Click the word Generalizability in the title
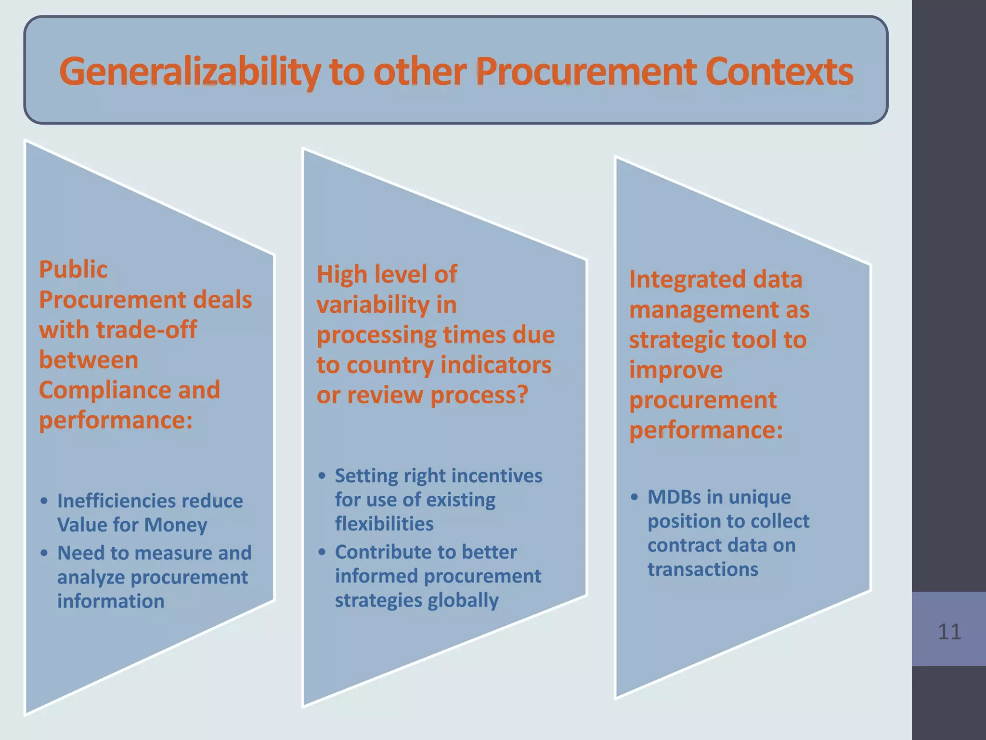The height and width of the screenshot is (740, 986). pos(190,72)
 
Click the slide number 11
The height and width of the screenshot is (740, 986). pos(949,632)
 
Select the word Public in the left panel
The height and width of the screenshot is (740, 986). pos(73,270)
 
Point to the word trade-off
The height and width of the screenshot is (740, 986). pos(146,330)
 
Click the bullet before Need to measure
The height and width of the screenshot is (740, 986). pos(44,553)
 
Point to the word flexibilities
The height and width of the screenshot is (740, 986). pos(384,524)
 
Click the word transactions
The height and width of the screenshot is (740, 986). pos(702,569)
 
